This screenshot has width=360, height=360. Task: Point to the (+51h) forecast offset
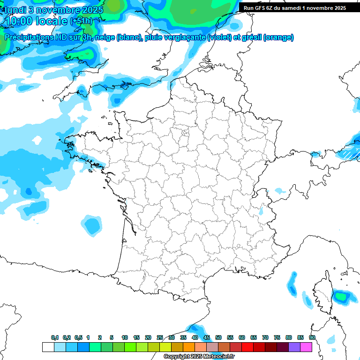[x=81, y=21]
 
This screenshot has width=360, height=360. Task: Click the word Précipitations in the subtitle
[x=28, y=37]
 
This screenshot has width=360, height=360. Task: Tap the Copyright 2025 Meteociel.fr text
[x=199, y=357]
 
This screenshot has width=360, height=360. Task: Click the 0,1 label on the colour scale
[x=55, y=337]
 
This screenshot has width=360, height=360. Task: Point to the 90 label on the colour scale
[x=312, y=337]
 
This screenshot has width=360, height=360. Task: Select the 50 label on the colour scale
[x=218, y=337]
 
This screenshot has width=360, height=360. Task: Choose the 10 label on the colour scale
[x=125, y=337]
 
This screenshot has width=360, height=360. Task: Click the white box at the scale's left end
[x=48, y=347]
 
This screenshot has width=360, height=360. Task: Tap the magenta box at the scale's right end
[x=306, y=347]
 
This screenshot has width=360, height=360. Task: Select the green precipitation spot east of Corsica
[x=341, y=296]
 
